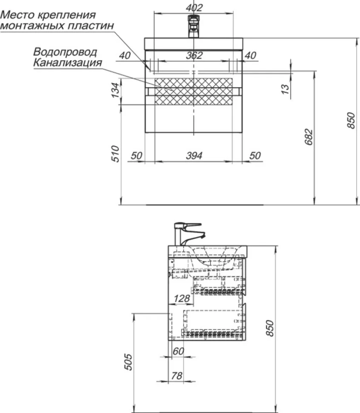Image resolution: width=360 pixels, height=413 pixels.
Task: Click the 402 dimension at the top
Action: point(194,7)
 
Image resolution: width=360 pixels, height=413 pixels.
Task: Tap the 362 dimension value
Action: point(194,55)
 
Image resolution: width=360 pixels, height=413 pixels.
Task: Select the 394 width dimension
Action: point(194,156)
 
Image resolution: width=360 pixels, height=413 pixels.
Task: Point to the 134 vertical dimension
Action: point(115,90)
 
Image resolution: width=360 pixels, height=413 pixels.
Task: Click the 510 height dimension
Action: point(115,154)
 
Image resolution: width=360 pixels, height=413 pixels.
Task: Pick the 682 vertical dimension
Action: point(309,137)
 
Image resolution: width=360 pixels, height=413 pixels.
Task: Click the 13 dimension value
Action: point(285,89)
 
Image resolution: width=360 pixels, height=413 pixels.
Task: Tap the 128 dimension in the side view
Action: point(182,298)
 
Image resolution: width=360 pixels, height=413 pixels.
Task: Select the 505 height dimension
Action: point(129,362)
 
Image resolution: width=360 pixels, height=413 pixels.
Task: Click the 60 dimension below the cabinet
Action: point(178,351)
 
